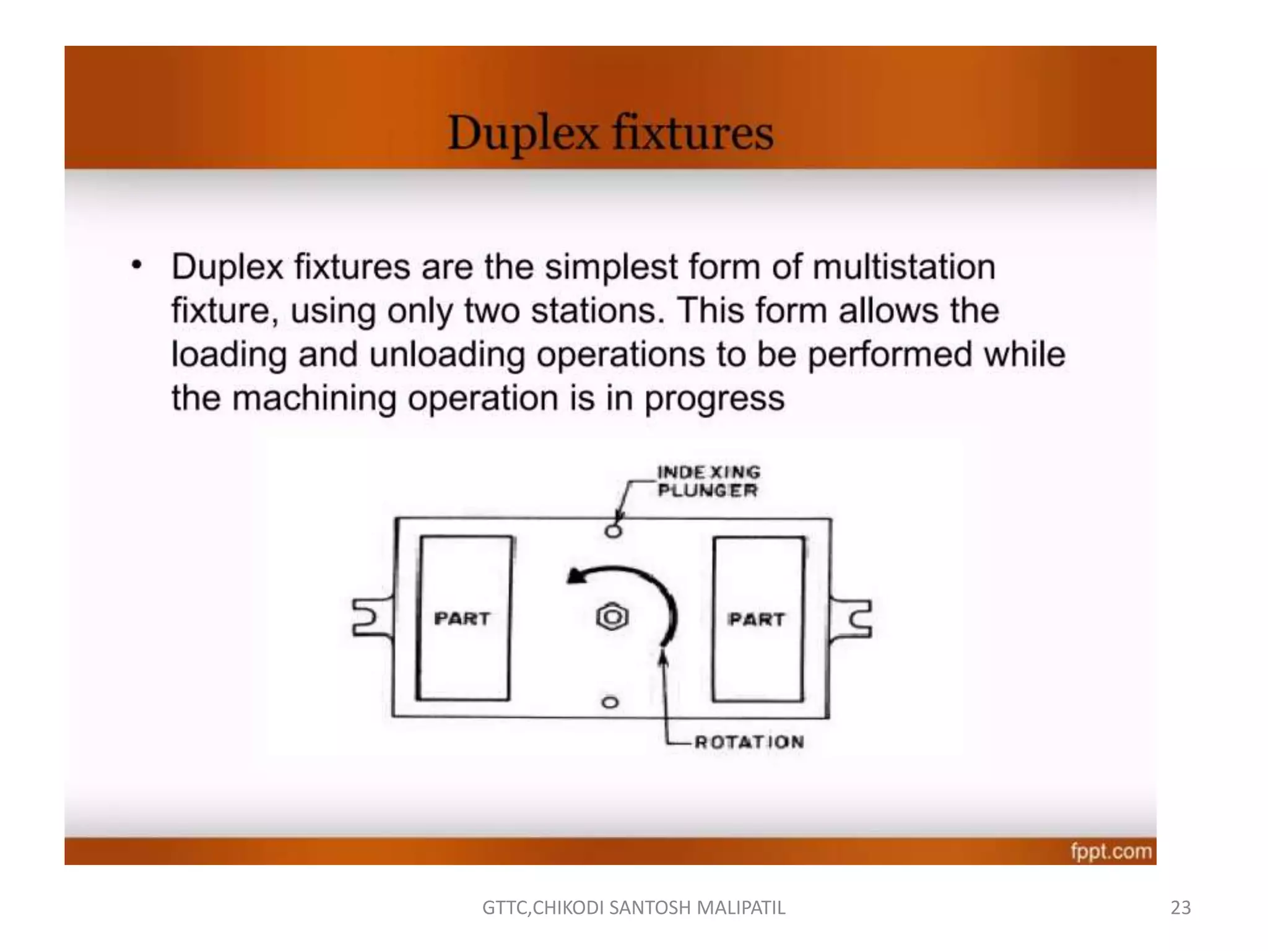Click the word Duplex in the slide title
(x=523, y=133)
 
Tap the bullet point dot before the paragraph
(x=137, y=266)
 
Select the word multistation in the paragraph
(x=904, y=267)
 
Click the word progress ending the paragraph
(x=714, y=399)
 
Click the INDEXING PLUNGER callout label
(x=708, y=481)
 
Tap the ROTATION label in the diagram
(x=749, y=742)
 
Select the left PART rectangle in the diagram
(x=464, y=618)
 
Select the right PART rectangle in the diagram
(x=758, y=619)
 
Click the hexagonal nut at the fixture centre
(x=612, y=617)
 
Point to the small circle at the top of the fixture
(x=613, y=531)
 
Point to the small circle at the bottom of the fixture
(x=610, y=702)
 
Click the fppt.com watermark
(x=1111, y=851)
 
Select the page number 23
(x=1181, y=908)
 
